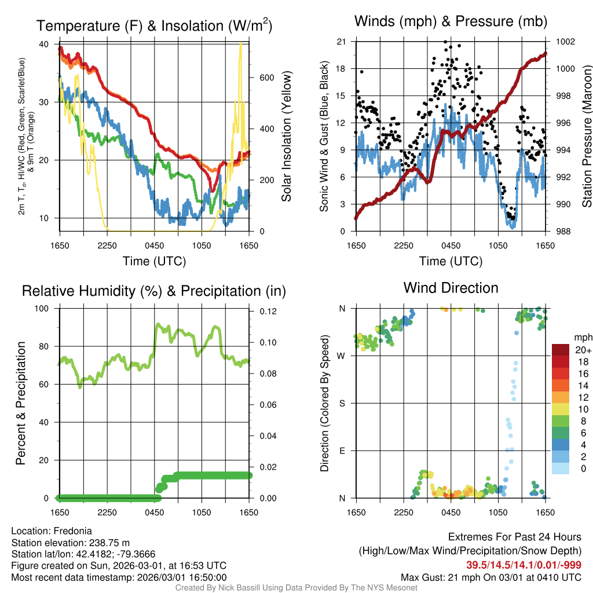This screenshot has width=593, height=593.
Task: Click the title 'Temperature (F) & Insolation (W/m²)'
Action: [154, 26]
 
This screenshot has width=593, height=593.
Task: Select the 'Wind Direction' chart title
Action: [451, 288]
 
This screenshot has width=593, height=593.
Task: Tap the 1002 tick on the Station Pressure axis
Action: [565, 42]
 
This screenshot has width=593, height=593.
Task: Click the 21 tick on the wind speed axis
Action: [341, 42]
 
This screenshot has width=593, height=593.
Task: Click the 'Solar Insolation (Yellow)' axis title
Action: [286, 137]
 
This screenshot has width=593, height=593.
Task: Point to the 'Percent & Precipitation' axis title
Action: [21, 403]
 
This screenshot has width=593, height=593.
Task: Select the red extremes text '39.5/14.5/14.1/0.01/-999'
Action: [524, 565]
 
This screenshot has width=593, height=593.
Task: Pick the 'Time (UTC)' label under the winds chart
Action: [451, 261]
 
